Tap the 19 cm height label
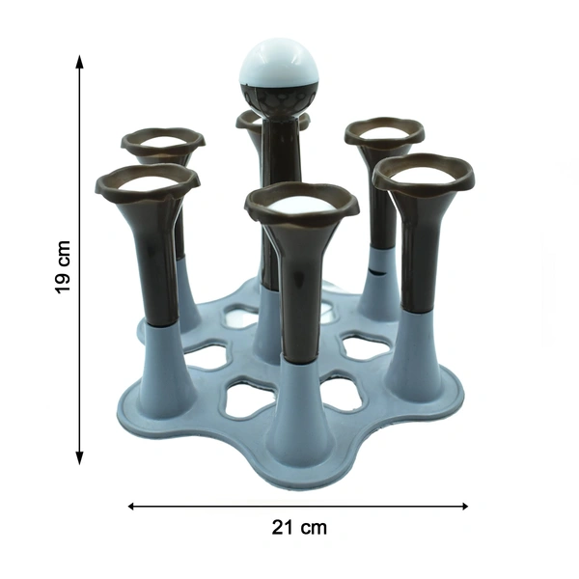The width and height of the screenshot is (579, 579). (62, 266)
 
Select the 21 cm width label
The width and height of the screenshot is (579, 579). (299, 527)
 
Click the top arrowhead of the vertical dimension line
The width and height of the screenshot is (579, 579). (79, 62)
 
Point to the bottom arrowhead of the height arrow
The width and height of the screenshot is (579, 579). (79, 457)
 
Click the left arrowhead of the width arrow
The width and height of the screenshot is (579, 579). (130, 506)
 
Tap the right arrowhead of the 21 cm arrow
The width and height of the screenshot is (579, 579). (464, 506)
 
